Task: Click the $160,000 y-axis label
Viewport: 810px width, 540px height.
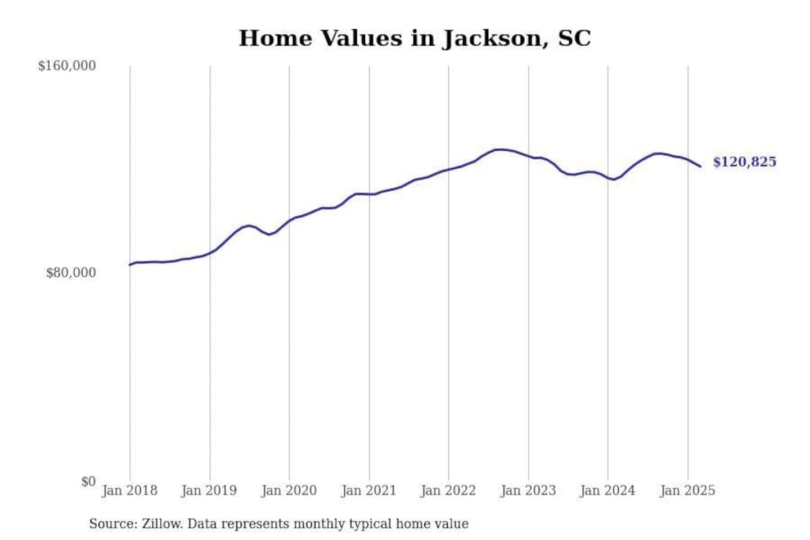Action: tap(67, 66)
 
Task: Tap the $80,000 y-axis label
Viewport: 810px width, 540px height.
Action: tap(71, 273)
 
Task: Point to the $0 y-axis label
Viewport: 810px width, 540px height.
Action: tap(88, 481)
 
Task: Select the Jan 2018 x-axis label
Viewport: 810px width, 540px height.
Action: tap(129, 490)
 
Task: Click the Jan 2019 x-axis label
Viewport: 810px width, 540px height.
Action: tap(209, 490)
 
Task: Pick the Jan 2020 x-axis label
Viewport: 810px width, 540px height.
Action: tap(289, 490)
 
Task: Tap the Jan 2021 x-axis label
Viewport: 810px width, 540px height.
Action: tap(369, 490)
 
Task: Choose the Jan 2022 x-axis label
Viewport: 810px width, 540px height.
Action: tap(448, 490)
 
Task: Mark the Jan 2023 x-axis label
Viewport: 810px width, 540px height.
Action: tap(528, 490)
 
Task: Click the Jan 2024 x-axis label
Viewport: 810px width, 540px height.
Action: tap(607, 490)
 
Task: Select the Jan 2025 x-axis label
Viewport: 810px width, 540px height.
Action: tap(687, 490)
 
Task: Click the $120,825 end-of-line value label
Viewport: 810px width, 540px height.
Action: tap(744, 162)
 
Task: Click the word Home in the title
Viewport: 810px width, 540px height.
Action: tap(275, 38)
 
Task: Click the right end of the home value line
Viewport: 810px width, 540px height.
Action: tap(700, 166)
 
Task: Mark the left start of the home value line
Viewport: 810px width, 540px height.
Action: tap(130, 265)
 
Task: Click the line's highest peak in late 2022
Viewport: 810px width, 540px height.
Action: tap(498, 149)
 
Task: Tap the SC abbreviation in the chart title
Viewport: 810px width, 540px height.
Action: tap(574, 38)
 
